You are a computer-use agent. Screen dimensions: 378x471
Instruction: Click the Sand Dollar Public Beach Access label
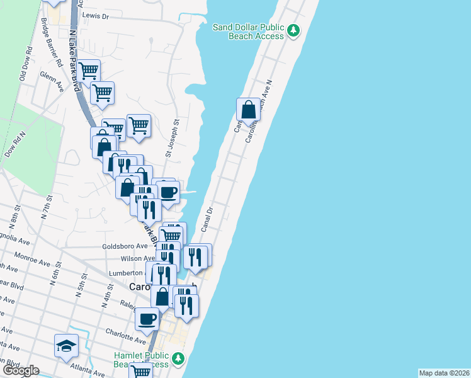248,31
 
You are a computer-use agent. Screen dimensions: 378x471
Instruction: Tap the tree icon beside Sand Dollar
293,30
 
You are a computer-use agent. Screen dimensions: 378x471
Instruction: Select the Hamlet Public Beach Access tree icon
179,358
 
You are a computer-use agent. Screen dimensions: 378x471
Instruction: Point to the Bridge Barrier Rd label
52,42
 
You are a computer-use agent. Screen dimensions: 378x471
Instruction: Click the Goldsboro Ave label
125,246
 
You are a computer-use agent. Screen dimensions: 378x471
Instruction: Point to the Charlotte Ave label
122,333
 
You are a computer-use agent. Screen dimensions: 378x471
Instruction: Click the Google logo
20,370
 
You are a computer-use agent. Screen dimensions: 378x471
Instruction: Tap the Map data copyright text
444,373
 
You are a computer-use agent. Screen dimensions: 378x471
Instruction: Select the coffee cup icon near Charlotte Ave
147,319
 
